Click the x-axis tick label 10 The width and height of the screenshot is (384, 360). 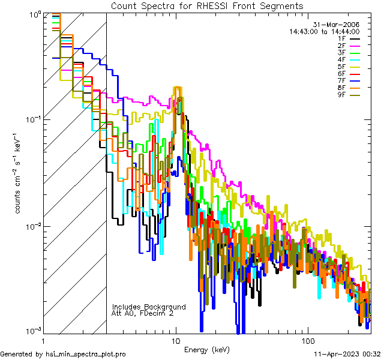176,340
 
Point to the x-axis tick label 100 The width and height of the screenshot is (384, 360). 308,340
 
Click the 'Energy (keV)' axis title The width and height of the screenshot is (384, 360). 206,350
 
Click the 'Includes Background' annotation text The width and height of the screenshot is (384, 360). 149,307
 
